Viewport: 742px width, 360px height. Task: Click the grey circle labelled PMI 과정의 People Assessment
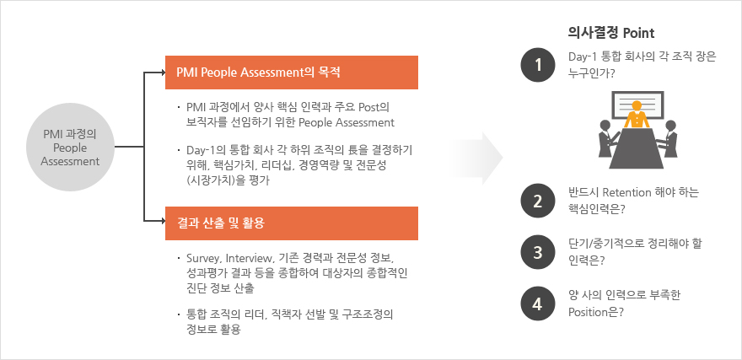point(70,148)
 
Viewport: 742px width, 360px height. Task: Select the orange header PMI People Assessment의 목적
point(292,73)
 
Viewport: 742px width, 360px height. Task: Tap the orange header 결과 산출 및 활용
point(292,223)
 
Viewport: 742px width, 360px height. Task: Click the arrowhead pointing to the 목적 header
point(162,73)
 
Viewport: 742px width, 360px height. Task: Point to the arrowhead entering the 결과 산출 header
point(162,220)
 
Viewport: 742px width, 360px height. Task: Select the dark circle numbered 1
point(538,65)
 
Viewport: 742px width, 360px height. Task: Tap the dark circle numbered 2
point(538,201)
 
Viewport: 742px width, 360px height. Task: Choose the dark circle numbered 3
point(538,252)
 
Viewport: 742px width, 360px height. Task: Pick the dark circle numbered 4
point(538,304)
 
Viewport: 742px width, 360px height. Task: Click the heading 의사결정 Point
point(611,33)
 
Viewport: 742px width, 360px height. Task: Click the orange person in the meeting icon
point(637,115)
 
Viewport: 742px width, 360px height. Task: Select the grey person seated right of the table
point(669,138)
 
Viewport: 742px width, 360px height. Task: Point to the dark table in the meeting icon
point(637,148)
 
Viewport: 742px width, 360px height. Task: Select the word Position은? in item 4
point(596,312)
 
